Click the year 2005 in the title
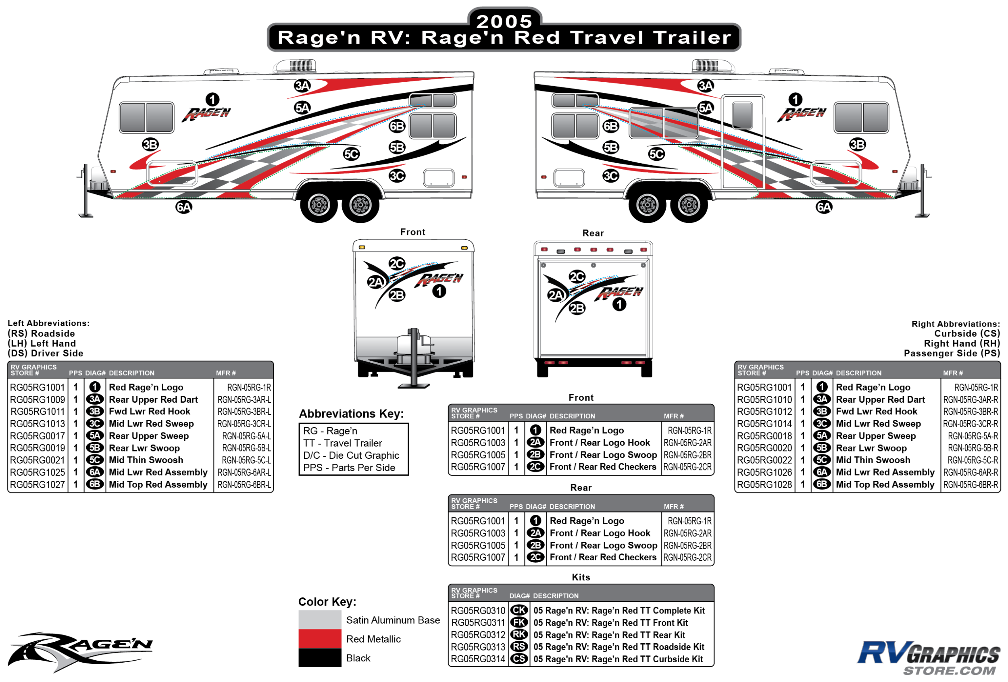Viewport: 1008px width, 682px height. pyautogui.click(x=504, y=21)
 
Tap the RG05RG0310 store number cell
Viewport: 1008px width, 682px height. pyautogui.click(x=477, y=611)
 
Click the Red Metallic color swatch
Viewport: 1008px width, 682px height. pyautogui.click(x=320, y=638)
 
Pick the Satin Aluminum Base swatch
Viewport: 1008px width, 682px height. pyautogui.click(x=320, y=620)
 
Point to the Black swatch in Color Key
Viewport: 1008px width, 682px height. pyautogui.click(x=320, y=658)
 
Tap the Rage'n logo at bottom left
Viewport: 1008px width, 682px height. pyautogui.click(x=80, y=651)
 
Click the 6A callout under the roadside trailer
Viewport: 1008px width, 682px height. pyautogui.click(x=183, y=207)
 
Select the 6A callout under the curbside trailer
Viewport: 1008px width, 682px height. pyautogui.click(x=824, y=207)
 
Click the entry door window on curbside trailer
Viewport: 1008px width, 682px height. pyautogui.click(x=742, y=115)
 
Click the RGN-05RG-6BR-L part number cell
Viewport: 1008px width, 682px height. pyautogui.click(x=244, y=485)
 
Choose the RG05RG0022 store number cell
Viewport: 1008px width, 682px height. pyautogui.click(x=764, y=460)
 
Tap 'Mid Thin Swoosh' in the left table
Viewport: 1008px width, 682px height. pyautogui.click(x=146, y=460)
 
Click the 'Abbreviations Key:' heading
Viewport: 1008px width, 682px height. pyautogui.click(x=351, y=414)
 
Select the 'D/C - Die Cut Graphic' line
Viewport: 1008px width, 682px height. pyautogui.click(x=351, y=455)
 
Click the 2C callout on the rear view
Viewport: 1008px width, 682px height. pyautogui.click(x=577, y=277)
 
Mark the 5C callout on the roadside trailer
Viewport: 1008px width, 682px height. pyautogui.click(x=351, y=154)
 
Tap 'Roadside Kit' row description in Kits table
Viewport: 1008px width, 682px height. pyautogui.click(x=619, y=647)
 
